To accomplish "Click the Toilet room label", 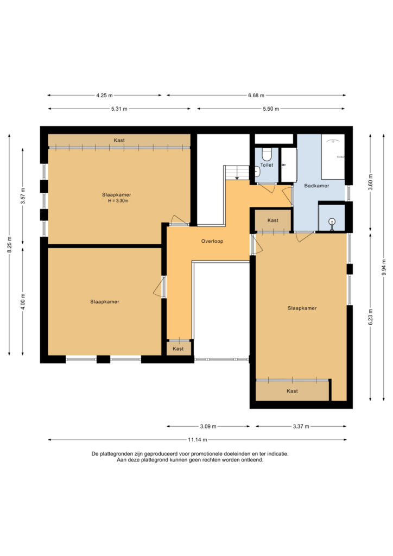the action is pyautogui.click(x=267, y=165).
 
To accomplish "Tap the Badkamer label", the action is pyautogui.click(x=316, y=186).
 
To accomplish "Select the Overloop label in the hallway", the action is pyautogui.click(x=212, y=241).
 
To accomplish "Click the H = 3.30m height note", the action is pyautogui.click(x=118, y=201).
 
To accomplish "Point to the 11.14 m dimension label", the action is pyautogui.click(x=197, y=440).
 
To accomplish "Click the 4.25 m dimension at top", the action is pyautogui.click(x=104, y=96).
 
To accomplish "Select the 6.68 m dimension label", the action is pyautogui.click(x=256, y=96).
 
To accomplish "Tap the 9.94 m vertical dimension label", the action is pyautogui.click(x=384, y=267).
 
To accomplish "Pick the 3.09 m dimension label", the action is pyautogui.click(x=208, y=426).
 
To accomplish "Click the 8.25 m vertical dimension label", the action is pyautogui.click(x=9, y=244).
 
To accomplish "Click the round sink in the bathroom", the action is pyautogui.click(x=332, y=222).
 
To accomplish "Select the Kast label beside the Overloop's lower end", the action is pyautogui.click(x=178, y=349).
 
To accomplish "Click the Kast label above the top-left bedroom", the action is pyautogui.click(x=119, y=141).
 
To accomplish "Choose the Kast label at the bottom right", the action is pyautogui.click(x=292, y=391).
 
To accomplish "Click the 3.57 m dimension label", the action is pyautogui.click(x=23, y=195).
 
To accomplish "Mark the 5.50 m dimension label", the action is pyautogui.click(x=271, y=109).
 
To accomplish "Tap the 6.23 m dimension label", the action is pyautogui.click(x=370, y=317).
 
